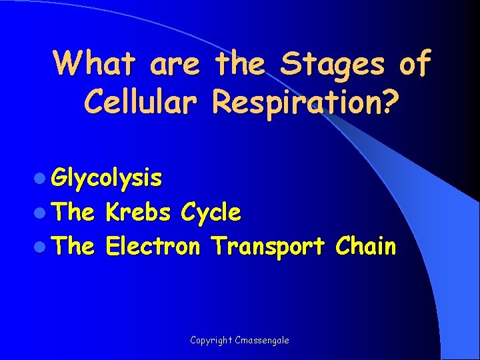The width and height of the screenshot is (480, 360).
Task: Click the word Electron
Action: (153, 247)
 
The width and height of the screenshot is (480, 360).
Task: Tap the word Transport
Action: (267, 247)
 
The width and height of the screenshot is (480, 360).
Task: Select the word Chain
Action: (365, 247)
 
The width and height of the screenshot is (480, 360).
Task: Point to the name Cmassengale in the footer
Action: (263, 340)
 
